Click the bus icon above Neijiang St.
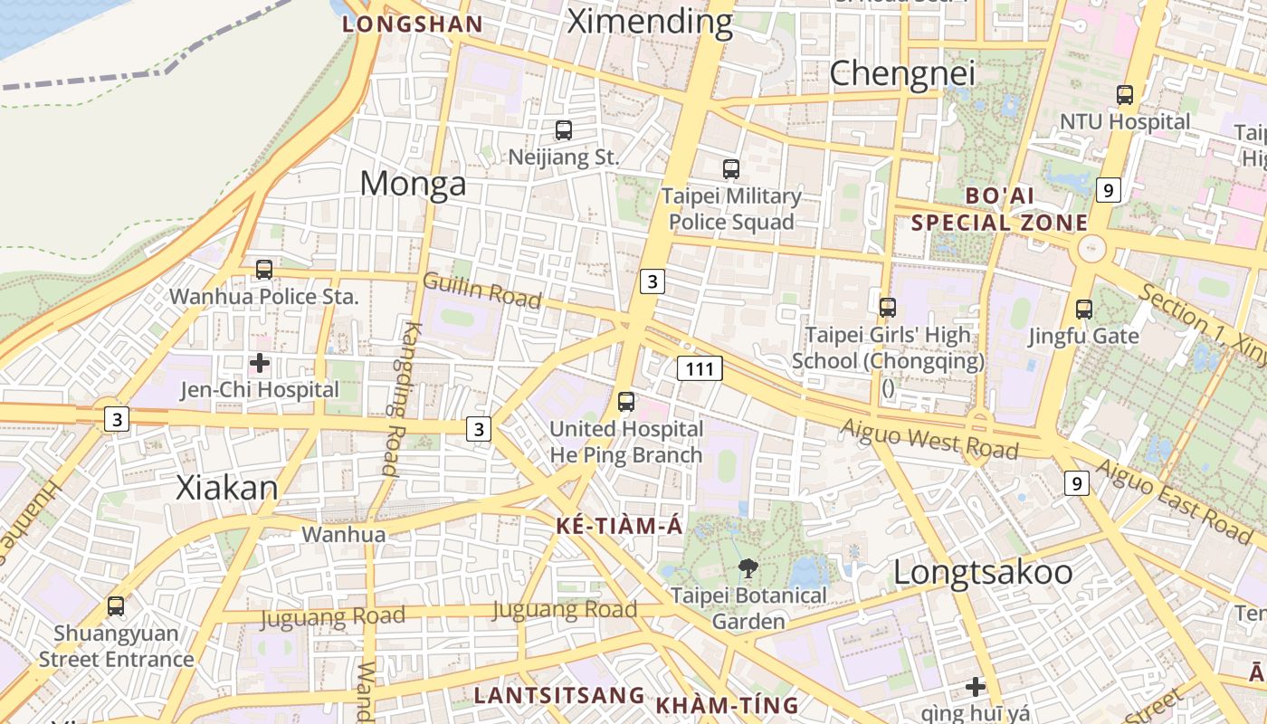[564, 130]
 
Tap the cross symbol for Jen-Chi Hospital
[260, 364]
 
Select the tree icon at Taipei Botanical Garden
[748, 568]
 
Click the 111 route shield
[700, 368]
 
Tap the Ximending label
[649, 21]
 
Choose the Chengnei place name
[902, 73]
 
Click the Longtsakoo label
[983, 572]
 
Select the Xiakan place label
[227, 488]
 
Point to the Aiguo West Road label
[929, 439]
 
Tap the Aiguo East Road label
[1174, 497]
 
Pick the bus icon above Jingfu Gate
[1084, 310]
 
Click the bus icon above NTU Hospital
[1125, 94]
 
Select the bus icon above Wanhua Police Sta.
[264, 269]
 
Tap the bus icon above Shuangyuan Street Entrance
[116, 606]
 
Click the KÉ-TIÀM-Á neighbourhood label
[620, 527]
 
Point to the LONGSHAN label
[412, 24]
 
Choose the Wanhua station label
[343, 535]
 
